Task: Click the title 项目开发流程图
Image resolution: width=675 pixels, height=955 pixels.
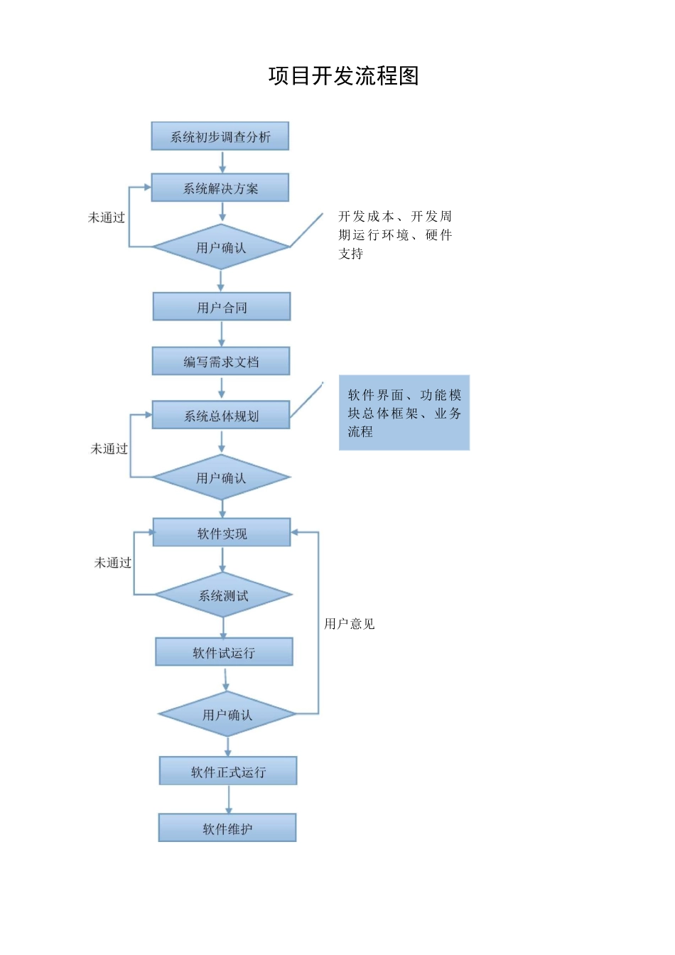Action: coord(344,76)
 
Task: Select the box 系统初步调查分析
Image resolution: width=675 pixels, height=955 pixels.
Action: coord(220,136)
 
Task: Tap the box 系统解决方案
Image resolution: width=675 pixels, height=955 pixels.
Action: coord(220,188)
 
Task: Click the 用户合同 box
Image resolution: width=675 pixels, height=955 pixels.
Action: coord(222,307)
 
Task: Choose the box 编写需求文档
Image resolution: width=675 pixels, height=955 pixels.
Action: coord(221,361)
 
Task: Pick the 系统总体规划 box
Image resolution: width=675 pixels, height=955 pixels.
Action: coord(221,415)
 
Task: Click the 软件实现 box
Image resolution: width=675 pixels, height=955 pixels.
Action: coord(222,533)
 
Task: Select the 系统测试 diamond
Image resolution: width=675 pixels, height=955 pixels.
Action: coord(223,595)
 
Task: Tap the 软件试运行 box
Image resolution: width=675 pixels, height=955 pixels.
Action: coord(224,652)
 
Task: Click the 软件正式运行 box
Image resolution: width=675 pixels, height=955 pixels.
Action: coord(228,771)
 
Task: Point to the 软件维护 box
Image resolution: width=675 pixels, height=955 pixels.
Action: coord(227,828)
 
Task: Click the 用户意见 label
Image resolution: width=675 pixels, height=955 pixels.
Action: coord(349,624)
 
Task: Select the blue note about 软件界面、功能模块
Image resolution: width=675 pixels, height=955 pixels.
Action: coord(404,413)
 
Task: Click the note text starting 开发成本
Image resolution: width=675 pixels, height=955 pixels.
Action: coord(395,234)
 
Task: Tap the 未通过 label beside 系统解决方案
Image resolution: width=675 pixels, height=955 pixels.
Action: coord(107,217)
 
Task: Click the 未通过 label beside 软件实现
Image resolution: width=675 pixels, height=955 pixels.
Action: coord(113,563)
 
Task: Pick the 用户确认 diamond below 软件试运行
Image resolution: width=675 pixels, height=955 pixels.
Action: coord(227,714)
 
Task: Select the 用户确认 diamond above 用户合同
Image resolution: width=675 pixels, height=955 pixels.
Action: coord(221,247)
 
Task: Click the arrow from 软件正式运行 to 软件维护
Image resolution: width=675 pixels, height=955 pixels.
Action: coord(229,799)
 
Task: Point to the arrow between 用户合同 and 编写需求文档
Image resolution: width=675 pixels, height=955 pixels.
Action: coord(221,334)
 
